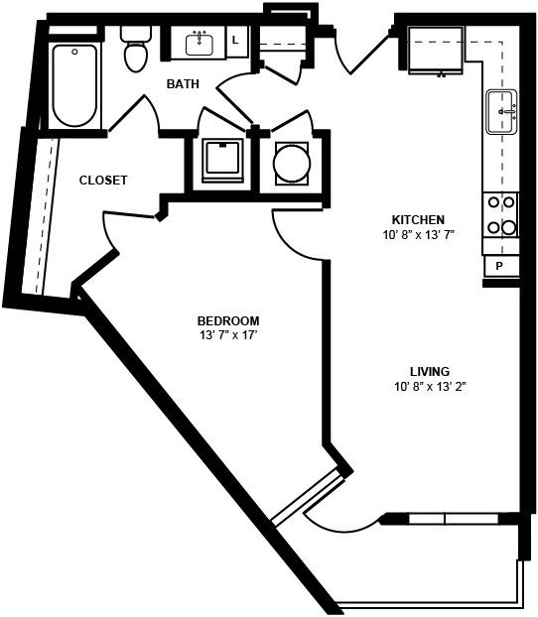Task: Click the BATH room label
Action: [183, 83]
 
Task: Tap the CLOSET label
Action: [103, 181]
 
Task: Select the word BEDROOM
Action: [228, 321]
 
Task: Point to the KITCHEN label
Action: [418, 219]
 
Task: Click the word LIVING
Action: [430, 371]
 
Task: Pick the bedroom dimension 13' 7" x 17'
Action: [228, 335]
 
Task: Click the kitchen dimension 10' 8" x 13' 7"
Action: [419, 235]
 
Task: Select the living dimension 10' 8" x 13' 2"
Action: [430, 387]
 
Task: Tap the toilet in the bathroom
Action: [136, 50]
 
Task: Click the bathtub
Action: [74, 85]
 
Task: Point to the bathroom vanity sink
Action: [200, 44]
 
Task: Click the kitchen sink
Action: [501, 112]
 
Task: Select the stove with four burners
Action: [500, 215]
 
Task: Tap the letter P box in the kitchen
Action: [500, 267]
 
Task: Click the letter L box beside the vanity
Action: [236, 42]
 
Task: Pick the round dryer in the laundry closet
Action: [292, 164]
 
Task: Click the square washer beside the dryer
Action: [222, 161]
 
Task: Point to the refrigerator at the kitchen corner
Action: [435, 50]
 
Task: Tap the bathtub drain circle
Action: [74, 52]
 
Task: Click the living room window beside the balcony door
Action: [454, 519]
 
